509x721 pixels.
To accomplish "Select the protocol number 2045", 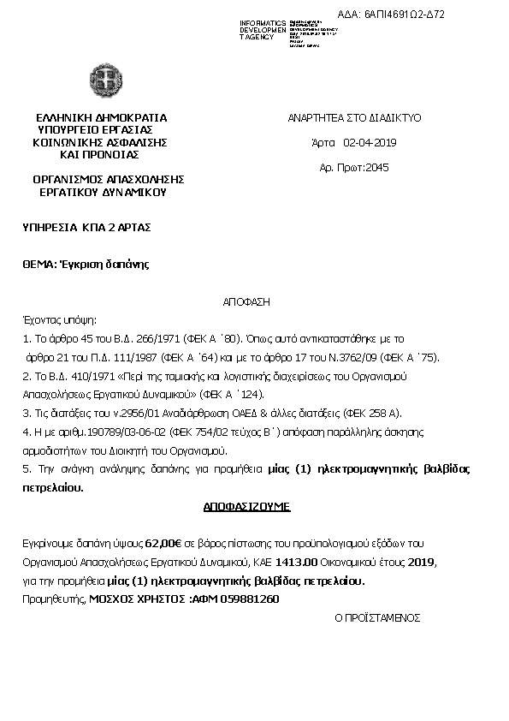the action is [376, 167].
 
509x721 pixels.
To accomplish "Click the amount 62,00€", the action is [163, 543].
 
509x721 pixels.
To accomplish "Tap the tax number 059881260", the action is [251, 599].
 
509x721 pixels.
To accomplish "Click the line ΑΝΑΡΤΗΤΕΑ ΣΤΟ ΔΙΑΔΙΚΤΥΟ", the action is [353, 117].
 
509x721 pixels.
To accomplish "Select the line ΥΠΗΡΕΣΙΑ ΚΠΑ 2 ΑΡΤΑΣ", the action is [86, 227].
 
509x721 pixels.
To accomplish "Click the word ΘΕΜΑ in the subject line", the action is [38, 264].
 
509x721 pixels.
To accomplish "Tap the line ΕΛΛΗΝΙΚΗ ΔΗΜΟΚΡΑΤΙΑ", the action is [101, 117].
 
